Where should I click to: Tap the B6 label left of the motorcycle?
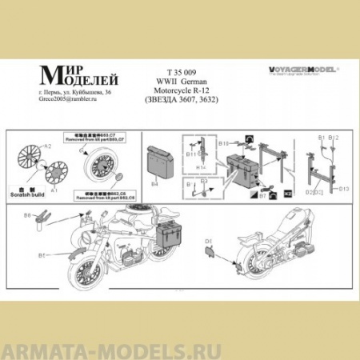click(27, 215)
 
